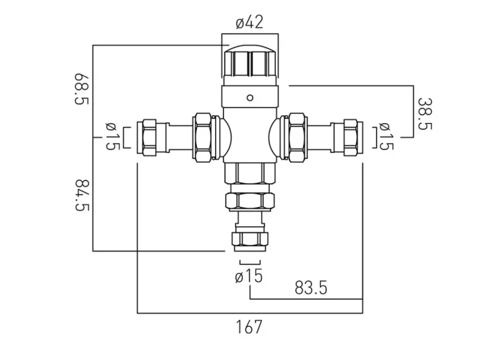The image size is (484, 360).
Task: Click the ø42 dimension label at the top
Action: click(x=249, y=22)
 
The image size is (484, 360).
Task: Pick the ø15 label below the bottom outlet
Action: click(x=249, y=276)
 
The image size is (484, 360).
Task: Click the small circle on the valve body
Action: click(x=250, y=97)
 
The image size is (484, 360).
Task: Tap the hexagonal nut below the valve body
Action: click(x=249, y=200)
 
